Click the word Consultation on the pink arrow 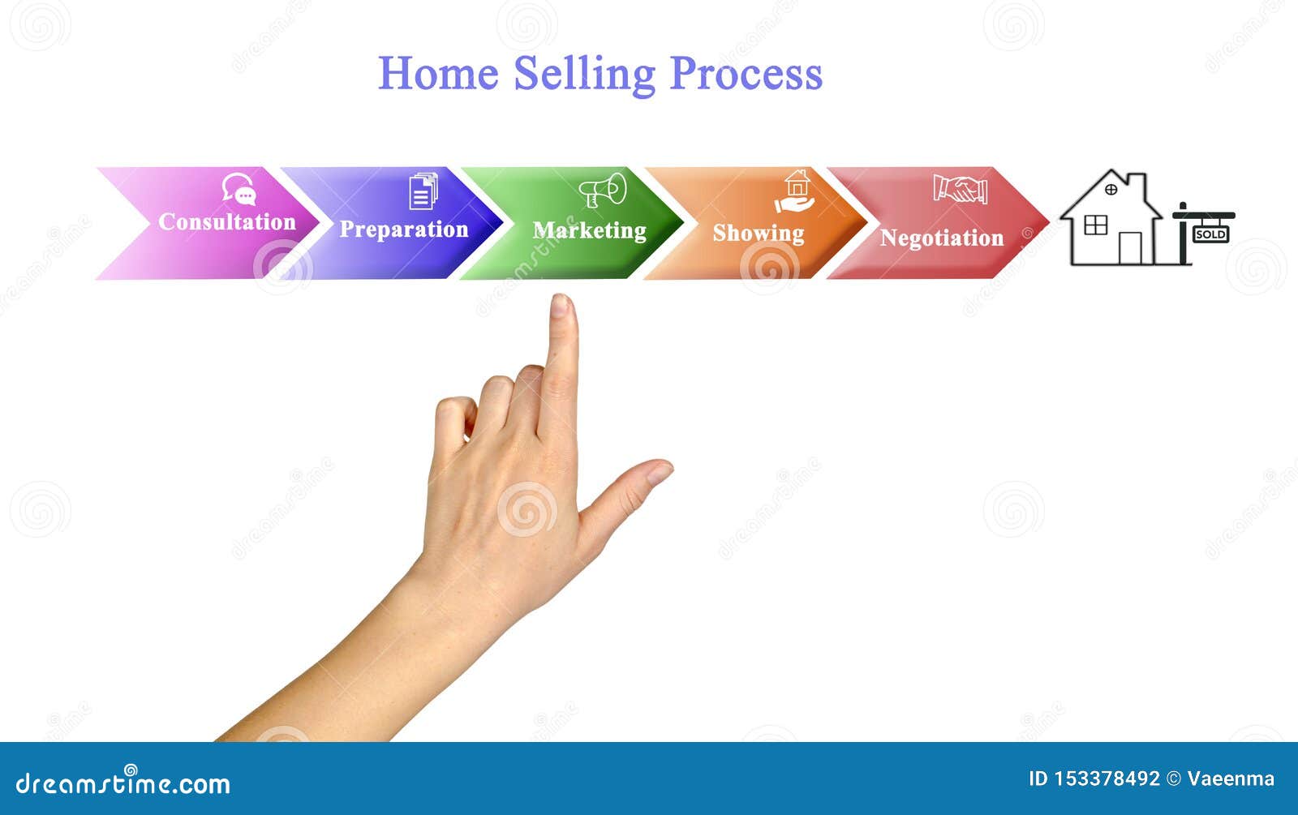(x=227, y=222)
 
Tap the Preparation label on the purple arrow (x=404, y=230)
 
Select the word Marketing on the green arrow (x=589, y=231)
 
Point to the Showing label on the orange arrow (x=759, y=234)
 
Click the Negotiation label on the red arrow (x=942, y=238)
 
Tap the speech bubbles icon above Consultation (x=239, y=189)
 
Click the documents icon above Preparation (x=423, y=191)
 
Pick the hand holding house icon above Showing (x=795, y=191)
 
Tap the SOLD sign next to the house (x=1211, y=234)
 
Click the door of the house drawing (x=1130, y=248)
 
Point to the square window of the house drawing (x=1095, y=225)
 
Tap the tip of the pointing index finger (x=561, y=297)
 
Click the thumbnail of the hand (x=660, y=472)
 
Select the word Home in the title (x=438, y=74)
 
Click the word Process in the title (x=746, y=74)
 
